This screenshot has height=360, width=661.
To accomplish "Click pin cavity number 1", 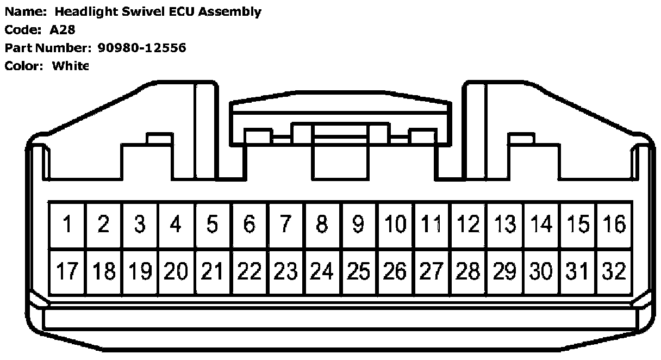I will pyautogui.click(x=67, y=225).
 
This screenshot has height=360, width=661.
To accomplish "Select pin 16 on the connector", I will pyautogui.click(x=614, y=225).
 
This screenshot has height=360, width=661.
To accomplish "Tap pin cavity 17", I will pyautogui.click(x=67, y=271).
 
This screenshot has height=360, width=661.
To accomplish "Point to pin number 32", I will pyautogui.click(x=614, y=271).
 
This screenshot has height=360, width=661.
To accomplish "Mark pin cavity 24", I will pyautogui.click(x=322, y=271).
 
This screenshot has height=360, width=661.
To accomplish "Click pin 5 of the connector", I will pyautogui.click(x=213, y=225).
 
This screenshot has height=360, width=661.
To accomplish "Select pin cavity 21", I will pyautogui.click(x=213, y=271).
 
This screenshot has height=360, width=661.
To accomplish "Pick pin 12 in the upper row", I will pyautogui.click(x=469, y=225).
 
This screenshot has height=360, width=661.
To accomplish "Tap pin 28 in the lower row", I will pyautogui.click(x=469, y=271).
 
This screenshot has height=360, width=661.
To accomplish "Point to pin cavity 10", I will pyautogui.click(x=396, y=225).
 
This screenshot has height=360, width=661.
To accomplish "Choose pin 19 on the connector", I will pyautogui.click(x=140, y=271).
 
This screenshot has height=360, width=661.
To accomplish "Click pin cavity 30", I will pyautogui.click(x=541, y=271).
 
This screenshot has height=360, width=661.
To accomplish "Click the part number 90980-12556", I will pyautogui.click(x=142, y=48).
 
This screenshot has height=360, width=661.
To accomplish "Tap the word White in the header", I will pyautogui.click(x=70, y=66).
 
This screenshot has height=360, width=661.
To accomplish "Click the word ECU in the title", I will pyautogui.click(x=179, y=11).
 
